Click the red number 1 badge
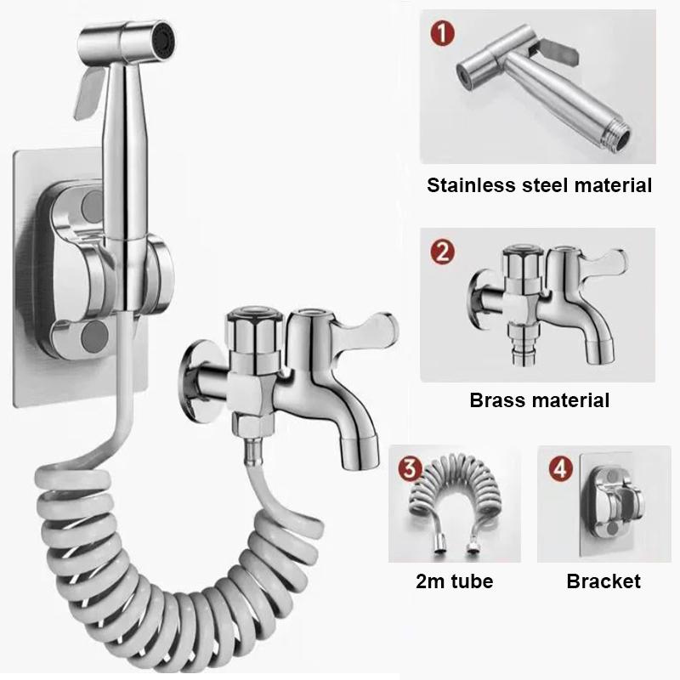coord(444,34)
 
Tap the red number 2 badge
coord(444,252)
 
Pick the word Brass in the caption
coord(498,399)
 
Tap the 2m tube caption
coord(456,581)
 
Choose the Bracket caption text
coord(603,581)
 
